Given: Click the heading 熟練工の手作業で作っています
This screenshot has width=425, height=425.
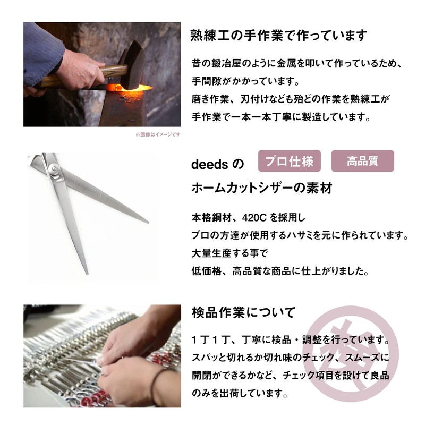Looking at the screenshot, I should (279, 36).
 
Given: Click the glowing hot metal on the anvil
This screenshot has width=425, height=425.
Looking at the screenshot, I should (130, 91).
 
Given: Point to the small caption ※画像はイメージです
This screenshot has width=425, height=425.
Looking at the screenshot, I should (158, 134).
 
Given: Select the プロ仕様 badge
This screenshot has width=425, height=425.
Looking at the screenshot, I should (290, 160).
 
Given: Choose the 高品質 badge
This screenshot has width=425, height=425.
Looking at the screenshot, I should (362, 160).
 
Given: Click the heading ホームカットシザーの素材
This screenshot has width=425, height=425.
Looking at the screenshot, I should (261, 189).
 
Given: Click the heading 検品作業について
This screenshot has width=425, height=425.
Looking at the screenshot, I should (243, 312).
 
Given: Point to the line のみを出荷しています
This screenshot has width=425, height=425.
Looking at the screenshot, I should (240, 394).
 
